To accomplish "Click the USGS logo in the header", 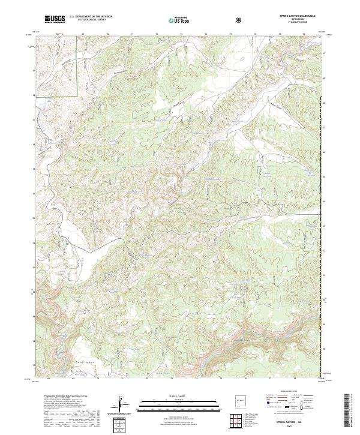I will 55,19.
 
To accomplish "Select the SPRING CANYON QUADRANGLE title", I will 296,15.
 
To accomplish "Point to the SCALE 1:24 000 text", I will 172,396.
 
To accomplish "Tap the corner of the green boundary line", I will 79,95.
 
